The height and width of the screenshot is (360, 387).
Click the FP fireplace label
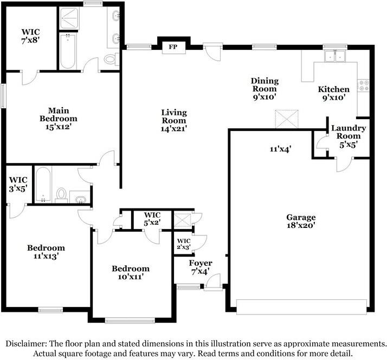pos(173,47)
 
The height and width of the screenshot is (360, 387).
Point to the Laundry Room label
pos(349,132)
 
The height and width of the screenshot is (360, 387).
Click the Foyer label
pos(201,263)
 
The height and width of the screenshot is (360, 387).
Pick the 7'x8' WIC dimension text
pos(30,40)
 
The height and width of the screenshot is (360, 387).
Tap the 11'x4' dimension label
pos(281,149)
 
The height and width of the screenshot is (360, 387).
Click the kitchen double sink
pos(335,56)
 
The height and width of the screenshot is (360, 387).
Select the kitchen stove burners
pos(364,86)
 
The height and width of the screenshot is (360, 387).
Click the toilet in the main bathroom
pos(111,59)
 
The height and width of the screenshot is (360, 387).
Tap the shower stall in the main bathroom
pos(69,18)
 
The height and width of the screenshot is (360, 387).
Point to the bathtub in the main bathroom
pos(68,51)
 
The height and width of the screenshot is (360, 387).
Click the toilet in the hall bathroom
pos(61,195)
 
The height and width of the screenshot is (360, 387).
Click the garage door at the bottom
pos(301,307)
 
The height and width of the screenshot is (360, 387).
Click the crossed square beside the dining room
pos(287,119)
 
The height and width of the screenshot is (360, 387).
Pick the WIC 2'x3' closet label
pos(184,244)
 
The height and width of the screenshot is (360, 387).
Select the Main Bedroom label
pos(58,119)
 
